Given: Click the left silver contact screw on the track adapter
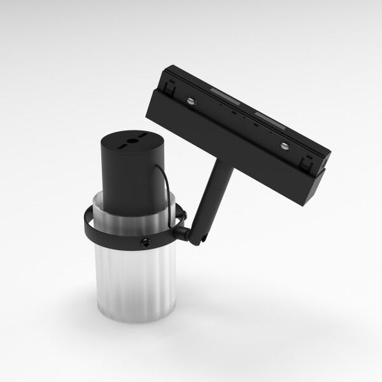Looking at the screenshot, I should (x=190, y=100).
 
